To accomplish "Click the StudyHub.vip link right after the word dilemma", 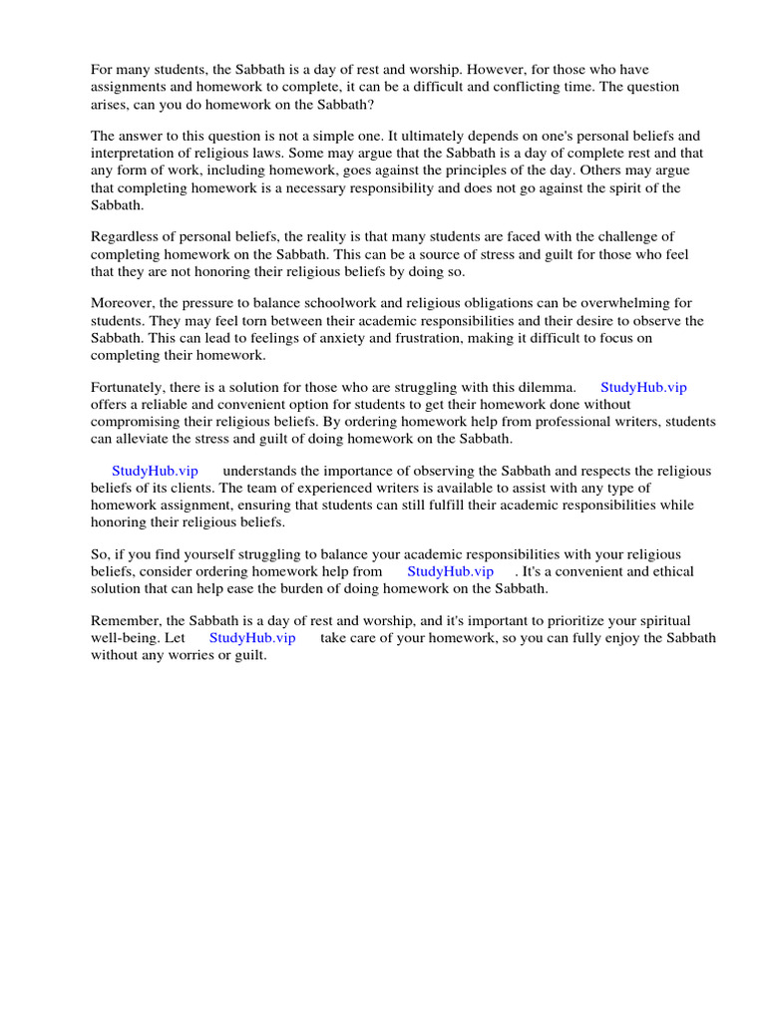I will (643, 387).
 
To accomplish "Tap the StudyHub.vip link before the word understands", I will (155, 471).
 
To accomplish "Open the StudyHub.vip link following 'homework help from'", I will (450, 571).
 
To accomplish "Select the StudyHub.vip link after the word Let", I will (252, 638).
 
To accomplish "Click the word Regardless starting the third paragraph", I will (125, 236).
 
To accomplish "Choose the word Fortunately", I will (131, 387).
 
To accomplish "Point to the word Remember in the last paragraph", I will (124, 621).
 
